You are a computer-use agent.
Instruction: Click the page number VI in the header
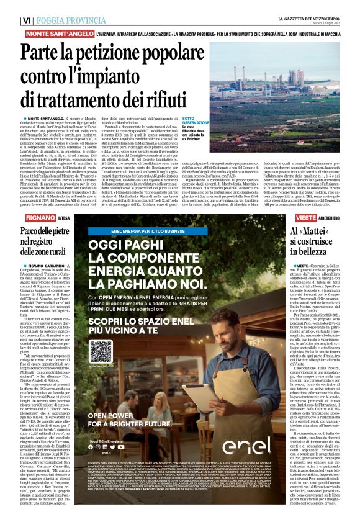(x=26, y=20)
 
